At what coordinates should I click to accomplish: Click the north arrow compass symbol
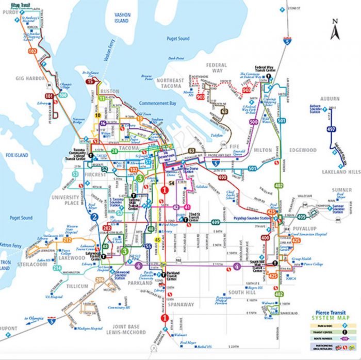[x=335, y=29]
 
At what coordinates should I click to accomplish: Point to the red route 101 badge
[x=49, y=96]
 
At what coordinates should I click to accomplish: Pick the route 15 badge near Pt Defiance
[x=90, y=81]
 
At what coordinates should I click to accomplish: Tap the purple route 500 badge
[x=253, y=122]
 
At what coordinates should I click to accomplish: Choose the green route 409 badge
[x=216, y=222]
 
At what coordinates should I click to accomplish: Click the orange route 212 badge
[x=67, y=240]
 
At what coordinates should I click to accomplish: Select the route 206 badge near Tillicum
[x=100, y=280]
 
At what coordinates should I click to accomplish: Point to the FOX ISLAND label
[x=16, y=154]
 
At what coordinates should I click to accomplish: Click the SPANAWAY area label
[x=180, y=304]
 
